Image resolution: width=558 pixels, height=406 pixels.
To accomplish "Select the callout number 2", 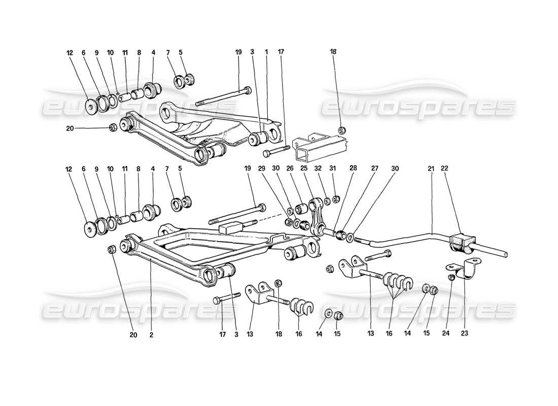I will [x=151, y=335].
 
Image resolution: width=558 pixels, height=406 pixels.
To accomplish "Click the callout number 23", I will [x=465, y=334].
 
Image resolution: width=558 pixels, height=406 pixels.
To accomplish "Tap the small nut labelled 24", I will [x=450, y=277].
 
